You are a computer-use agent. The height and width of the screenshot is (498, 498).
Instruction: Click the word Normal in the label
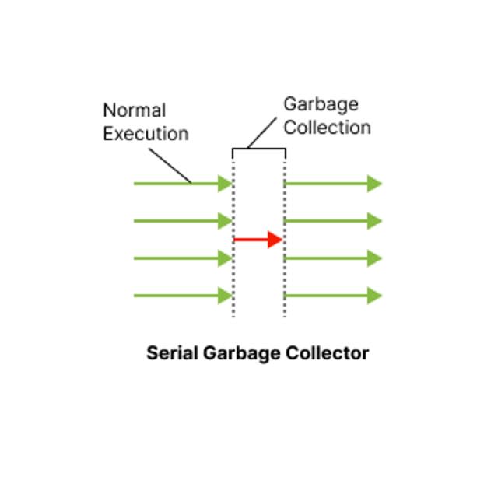pos(135,110)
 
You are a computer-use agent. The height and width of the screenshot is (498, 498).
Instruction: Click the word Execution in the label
pos(146,133)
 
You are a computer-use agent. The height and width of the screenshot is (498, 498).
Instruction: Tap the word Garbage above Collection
pos(321,105)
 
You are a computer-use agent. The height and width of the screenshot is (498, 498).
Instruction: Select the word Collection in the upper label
pos(328,128)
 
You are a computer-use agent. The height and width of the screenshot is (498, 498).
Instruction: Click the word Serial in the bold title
pos(172,352)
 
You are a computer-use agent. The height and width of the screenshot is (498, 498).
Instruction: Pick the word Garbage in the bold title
pos(242,353)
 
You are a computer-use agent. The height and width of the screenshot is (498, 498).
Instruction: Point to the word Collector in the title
pos(327,352)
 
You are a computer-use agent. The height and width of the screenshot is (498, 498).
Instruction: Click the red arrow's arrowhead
pos(275,240)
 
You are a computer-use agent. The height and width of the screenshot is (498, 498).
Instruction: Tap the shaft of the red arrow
pos(251,240)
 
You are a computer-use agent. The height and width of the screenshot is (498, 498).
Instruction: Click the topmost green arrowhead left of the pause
pos(225,184)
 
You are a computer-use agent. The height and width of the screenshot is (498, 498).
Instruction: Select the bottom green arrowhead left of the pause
pos(225,296)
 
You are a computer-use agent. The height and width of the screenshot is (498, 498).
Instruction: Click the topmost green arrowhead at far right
pos(375,184)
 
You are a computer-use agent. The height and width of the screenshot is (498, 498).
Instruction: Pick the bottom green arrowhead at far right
pos(375,296)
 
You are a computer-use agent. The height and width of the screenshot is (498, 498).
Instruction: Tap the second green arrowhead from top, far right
pos(375,221)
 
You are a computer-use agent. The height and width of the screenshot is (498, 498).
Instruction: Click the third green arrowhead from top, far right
pos(375,258)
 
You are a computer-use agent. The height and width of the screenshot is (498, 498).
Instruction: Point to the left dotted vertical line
pos(233,239)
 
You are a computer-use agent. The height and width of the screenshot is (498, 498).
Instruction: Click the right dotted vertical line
pos(285,239)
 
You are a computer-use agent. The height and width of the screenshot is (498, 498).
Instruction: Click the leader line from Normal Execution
pos(170,166)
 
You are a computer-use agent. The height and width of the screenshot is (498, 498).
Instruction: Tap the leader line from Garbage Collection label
pos(262,133)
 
